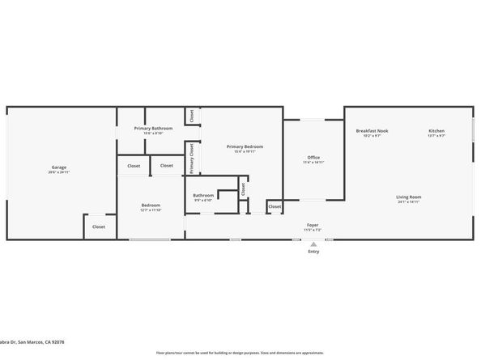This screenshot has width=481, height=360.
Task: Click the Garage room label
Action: pos(58,167)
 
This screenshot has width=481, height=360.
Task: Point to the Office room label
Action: pos(313,157)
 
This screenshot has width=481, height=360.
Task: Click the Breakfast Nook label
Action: pos(372,131)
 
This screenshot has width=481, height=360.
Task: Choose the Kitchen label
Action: pos(436,131)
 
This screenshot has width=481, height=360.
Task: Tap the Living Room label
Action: pos(409,197)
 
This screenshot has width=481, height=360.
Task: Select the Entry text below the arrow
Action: pos(313,252)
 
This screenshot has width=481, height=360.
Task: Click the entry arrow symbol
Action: pos(313,244)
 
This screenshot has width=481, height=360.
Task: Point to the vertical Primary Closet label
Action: pos(192,158)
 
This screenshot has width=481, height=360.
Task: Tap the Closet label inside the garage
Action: pos(98,227)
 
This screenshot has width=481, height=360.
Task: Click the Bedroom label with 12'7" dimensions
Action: pos(151,205)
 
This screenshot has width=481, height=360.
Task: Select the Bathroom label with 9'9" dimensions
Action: pos(203,195)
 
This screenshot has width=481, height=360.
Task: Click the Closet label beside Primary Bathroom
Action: pos(192,116)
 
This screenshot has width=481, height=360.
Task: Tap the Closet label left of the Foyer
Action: pos(275,206)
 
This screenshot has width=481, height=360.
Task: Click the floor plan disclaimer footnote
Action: pos(240,353)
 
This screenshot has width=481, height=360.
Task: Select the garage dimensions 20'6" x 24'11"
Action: pos(58,172)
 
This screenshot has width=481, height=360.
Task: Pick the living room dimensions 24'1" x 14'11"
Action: pos(409,202)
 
